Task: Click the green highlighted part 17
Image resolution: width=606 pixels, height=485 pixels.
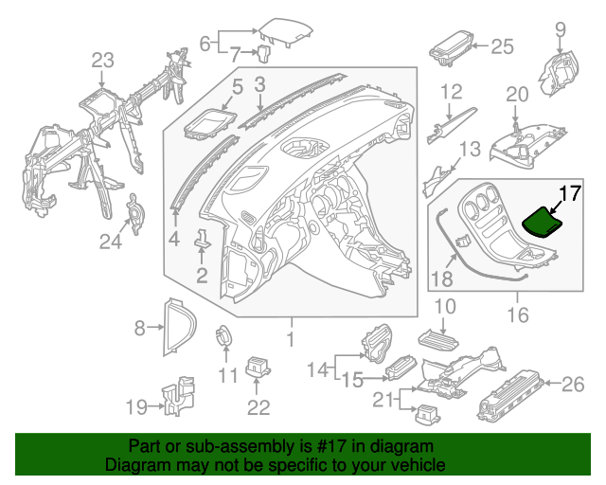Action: pyautogui.click(x=544, y=222)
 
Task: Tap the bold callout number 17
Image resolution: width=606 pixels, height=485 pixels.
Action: pyautogui.click(x=568, y=193)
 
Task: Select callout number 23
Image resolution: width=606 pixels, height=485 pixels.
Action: pyautogui.click(x=101, y=61)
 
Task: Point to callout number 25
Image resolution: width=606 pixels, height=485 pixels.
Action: pyautogui.click(x=501, y=45)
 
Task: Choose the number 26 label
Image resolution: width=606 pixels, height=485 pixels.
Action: pyautogui.click(x=575, y=384)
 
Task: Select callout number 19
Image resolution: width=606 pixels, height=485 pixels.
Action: pyautogui.click(x=135, y=407)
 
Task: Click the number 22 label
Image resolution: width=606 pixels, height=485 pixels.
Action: pyautogui.click(x=258, y=407)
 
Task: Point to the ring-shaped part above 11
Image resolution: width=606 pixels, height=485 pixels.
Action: pyautogui.click(x=225, y=334)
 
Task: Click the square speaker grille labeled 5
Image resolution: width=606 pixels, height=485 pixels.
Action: pyautogui.click(x=209, y=125)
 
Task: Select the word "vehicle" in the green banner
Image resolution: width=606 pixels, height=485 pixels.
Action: pyautogui.click(x=415, y=465)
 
